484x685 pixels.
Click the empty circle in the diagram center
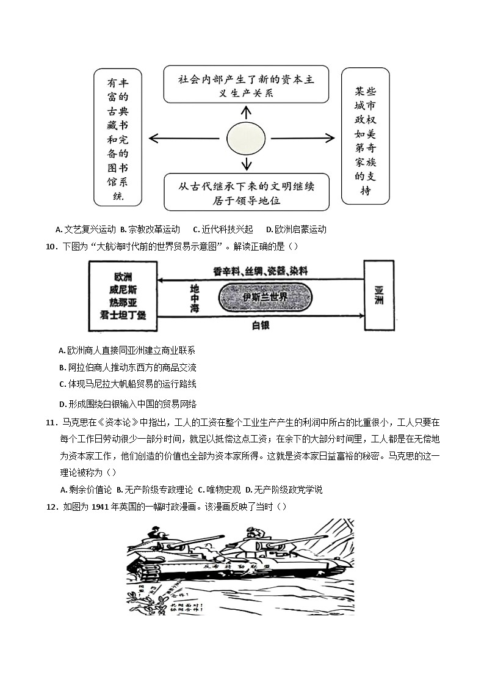tap(246, 139)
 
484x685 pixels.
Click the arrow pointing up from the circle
tap(246, 112)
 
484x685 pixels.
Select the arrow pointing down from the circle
tap(246, 163)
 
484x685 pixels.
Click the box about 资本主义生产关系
tap(246, 85)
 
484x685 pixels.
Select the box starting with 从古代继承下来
tap(246, 191)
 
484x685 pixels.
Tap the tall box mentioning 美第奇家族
tap(366, 136)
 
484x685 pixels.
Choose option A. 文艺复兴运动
tap(85, 230)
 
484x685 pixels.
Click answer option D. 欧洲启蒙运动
tap(296, 230)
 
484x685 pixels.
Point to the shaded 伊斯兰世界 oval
tap(265, 296)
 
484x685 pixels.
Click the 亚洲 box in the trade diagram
tap(378, 296)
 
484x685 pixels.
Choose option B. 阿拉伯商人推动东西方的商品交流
tap(128, 367)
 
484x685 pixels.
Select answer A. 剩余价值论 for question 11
tap(86, 489)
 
